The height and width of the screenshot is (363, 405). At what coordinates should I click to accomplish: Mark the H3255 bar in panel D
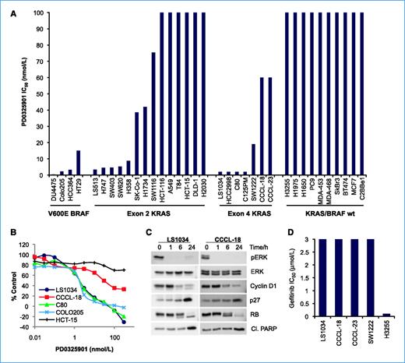pyautogui.click(x=389, y=314)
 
